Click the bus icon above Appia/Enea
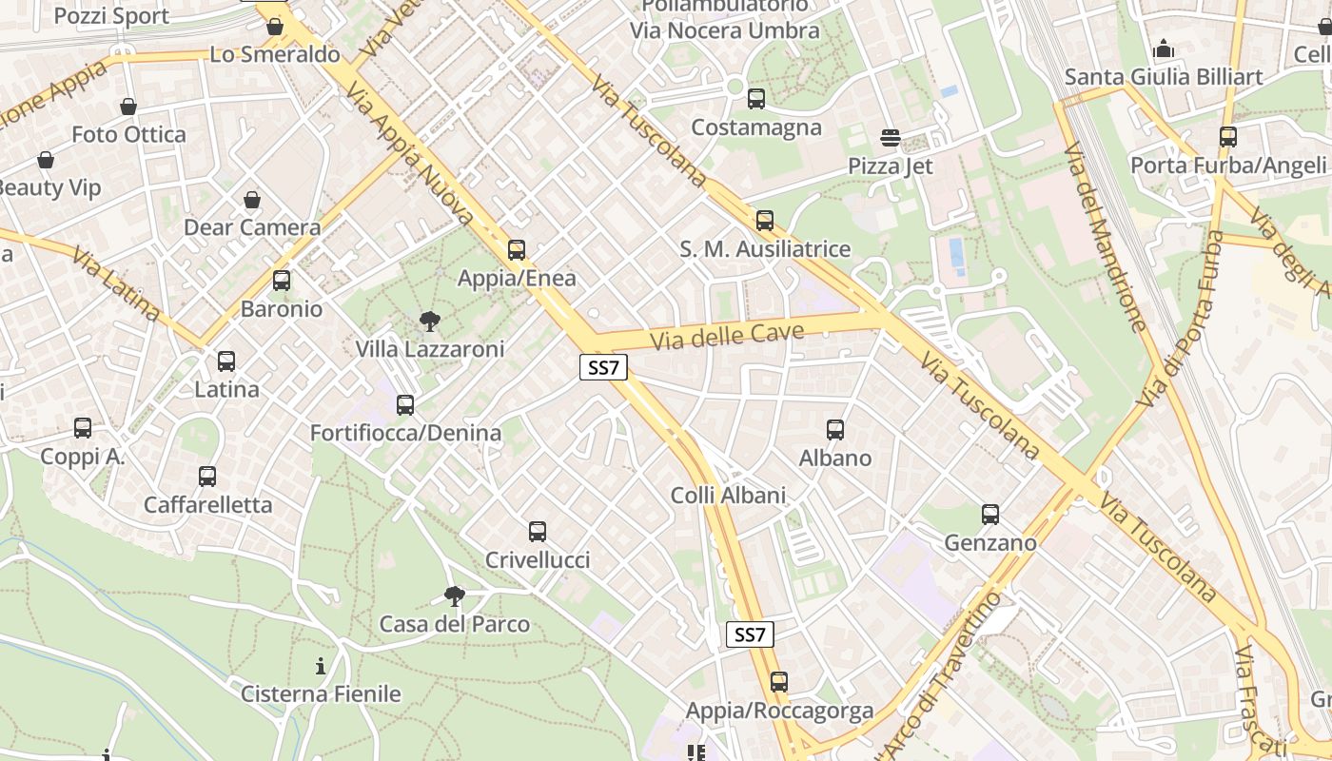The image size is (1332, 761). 517,250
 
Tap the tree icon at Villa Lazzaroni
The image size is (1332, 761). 430,322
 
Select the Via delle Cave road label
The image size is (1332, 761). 728,336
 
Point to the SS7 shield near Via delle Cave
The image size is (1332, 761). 604,368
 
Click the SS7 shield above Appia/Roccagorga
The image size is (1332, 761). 750,634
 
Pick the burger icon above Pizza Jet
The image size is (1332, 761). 891,138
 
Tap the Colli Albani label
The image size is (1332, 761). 729,496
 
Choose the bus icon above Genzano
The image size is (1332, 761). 990,515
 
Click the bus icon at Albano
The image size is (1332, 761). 835,430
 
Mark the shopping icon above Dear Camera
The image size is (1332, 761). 252,200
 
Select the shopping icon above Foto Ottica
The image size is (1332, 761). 128,107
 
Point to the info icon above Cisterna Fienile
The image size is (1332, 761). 321,666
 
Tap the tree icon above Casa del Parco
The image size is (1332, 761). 455,596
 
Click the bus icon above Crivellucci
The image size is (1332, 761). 538,532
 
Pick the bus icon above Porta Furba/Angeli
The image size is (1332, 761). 1228,137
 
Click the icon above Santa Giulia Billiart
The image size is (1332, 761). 1164,49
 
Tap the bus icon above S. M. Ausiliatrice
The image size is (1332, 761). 765,221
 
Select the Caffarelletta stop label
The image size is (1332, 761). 208,505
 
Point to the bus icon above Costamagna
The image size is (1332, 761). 756,98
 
